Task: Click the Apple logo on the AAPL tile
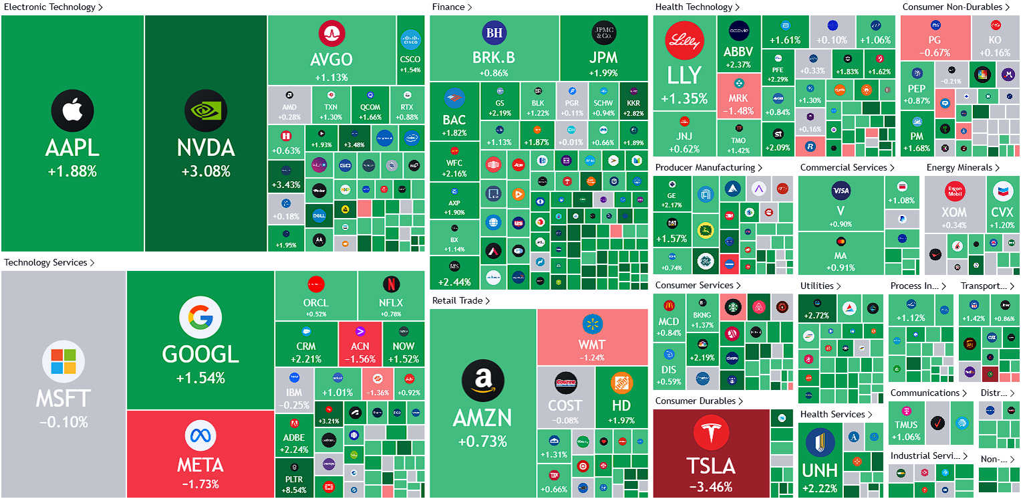tap(72, 111)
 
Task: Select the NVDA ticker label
tap(206, 148)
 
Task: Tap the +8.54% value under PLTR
tap(295, 490)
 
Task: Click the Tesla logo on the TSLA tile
tap(710, 433)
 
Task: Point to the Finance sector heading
tap(448, 7)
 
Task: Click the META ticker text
tap(200, 465)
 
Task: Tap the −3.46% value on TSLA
tap(710, 487)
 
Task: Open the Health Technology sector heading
tap(694, 7)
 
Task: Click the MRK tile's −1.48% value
tap(738, 111)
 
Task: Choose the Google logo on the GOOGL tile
tap(200, 317)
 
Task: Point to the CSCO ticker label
tap(410, 60)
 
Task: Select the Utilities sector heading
tap(817, 286)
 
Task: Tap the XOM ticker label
tap(954, 212)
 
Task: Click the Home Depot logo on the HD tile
tap(622, 383)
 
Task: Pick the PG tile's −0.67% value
tap(934, 53)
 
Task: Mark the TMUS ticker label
tap(906, 425)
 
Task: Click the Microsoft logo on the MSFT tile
tap(63, 361)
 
